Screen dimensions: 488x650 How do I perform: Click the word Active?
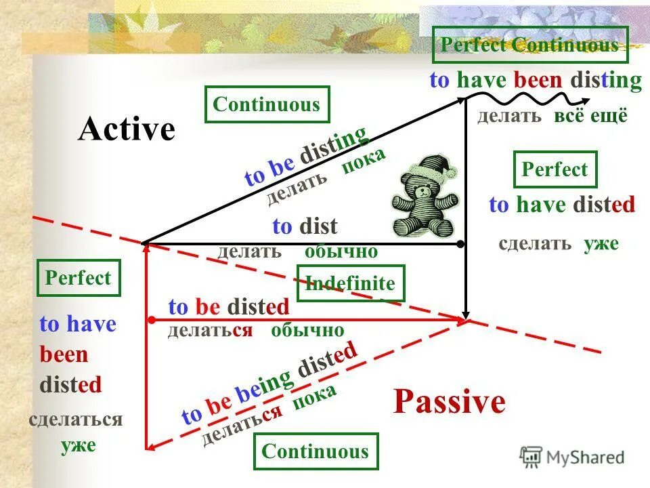[127, 129]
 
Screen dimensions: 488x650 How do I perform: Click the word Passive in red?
[449, 402]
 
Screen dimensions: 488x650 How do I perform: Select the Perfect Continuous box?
[529, 45]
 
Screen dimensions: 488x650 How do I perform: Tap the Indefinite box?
[351, 283]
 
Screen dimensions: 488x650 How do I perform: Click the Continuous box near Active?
[266, 104]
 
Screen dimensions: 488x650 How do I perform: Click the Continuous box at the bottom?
[315, 451]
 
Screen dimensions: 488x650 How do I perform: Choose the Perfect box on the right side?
[555, 169]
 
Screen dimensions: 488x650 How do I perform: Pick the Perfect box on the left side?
[79, 278]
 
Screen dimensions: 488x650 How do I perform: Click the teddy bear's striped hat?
[433, 167]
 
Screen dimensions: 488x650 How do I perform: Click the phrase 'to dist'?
[305, 226]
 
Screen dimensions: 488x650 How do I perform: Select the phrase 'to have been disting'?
[535, 81]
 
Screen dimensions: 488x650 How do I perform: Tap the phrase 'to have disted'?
[562, 205]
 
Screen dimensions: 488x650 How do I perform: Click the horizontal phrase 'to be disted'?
[228, 307]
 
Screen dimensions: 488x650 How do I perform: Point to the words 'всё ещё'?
[591, 115]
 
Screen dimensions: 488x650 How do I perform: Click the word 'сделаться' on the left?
[75, 420]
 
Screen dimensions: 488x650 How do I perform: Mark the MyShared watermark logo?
[572, 456]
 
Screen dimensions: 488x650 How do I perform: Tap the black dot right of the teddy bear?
[460, 243]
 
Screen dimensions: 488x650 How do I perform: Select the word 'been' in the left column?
[64, 354]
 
